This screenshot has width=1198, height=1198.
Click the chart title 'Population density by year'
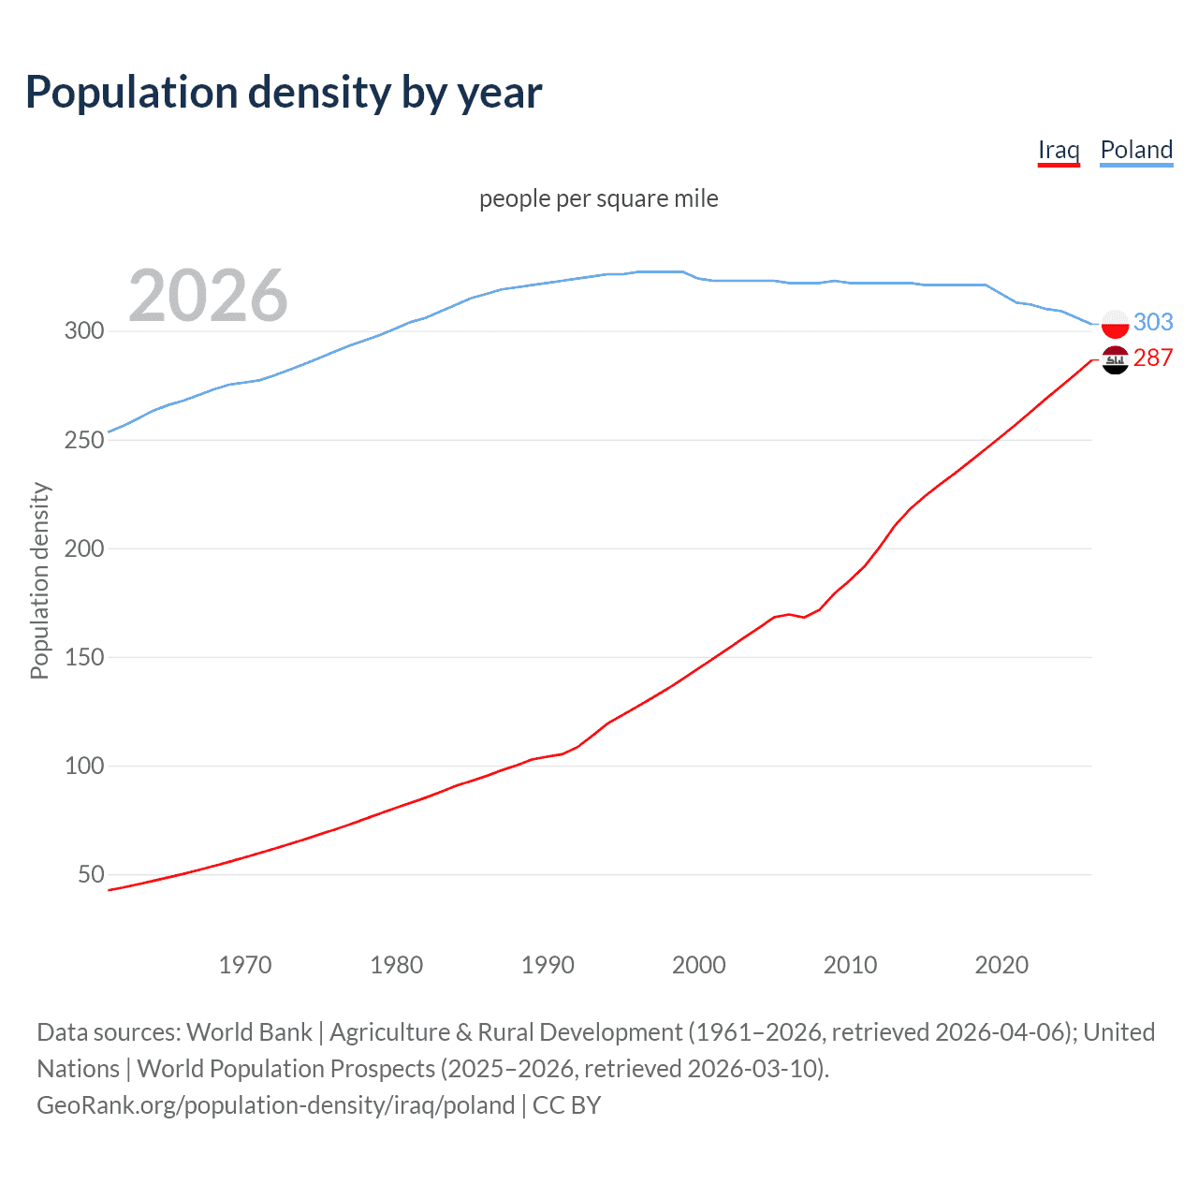[x=284, y=93]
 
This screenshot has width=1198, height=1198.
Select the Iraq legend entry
[x=1059, y=150]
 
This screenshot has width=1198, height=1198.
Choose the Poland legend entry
[x=1136, y=150]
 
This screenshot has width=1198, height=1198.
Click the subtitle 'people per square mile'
[x=599, y=198]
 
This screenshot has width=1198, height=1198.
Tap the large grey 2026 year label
[x=208, y=295]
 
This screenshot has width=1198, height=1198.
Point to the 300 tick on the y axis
[x=83, y=330]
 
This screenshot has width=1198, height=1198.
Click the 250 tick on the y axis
[x=83, y=440]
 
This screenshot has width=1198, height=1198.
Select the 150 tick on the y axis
[x=83, y=657]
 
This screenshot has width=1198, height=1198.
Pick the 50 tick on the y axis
[x=91, y=874]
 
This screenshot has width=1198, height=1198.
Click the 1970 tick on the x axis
[x=245, y=965]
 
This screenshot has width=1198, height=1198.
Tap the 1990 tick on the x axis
[x=548, y=965]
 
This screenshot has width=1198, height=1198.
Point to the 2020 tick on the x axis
[x=1001, y=965]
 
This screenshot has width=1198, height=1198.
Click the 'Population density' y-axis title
[x=39, y=580]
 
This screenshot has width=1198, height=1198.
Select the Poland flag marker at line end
[x=1115, y=324]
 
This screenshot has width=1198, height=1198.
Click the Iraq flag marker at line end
[x=1115, y=359]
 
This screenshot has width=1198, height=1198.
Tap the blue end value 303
[x=1153, y=322]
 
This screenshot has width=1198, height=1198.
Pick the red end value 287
[x=1153, y=358]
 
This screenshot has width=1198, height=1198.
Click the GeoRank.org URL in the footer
[x=275, y=1105]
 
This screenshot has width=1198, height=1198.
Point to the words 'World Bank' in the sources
[x=249, y=1032]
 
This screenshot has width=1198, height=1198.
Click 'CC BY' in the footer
[x=566, y=1105]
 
